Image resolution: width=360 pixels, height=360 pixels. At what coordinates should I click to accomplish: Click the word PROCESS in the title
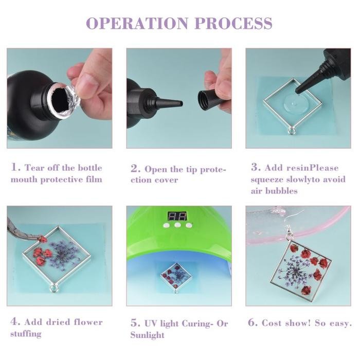point(234,23)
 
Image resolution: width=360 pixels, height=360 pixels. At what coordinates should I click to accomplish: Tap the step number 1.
point(15,168)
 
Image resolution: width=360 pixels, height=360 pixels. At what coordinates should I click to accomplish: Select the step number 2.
point(135,169)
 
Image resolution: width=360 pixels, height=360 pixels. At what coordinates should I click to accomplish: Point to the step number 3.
point(256,168)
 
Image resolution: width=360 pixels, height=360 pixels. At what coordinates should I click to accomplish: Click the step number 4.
point(15,322)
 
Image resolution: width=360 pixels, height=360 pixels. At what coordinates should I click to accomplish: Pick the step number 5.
point(135,323)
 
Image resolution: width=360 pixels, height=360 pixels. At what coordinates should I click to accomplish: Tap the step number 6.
point(253,323)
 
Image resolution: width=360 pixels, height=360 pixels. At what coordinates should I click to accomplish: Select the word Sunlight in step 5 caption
point(147,335)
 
